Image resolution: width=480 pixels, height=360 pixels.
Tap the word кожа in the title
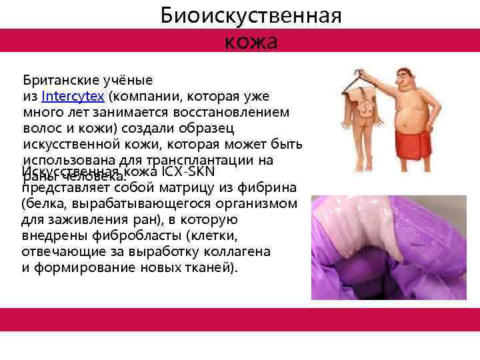[x=251, y=41]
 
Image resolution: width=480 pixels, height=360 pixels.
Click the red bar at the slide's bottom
[x=240, y=320]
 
